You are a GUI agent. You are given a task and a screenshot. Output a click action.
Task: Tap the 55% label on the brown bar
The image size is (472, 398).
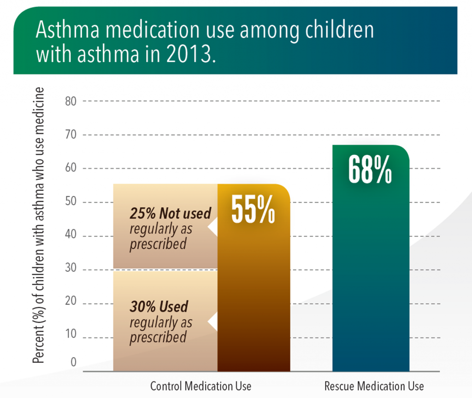tap(253, 210)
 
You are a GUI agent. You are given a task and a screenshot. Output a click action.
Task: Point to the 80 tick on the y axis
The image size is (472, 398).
tap(71, 101)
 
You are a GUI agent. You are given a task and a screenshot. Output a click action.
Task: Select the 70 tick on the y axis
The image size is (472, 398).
tap(71, 135)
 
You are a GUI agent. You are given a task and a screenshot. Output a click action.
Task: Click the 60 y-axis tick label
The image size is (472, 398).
tap(71, 169)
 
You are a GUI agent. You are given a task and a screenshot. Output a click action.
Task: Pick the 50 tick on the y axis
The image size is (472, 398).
tap(71, 203)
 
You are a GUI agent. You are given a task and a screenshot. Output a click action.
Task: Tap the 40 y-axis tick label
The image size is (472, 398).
tap(71, 236)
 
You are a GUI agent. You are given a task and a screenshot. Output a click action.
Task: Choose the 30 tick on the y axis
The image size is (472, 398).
tap(71, 270)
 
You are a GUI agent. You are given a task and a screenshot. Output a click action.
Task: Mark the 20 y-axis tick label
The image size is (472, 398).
tap(71, 304)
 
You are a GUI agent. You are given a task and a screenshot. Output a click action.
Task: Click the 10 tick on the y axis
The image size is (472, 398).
tap(71, 338)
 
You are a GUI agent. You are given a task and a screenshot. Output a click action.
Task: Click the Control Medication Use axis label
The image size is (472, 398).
tap(201, 386)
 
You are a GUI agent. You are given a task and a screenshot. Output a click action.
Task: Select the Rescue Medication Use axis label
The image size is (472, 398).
tap(374, 386)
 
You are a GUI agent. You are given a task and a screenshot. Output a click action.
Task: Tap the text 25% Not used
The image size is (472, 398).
tap(170, 214)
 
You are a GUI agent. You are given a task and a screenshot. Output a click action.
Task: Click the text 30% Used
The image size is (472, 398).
tap(159, 306)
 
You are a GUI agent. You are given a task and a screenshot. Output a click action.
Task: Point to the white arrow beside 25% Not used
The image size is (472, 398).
tap(212, 228)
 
